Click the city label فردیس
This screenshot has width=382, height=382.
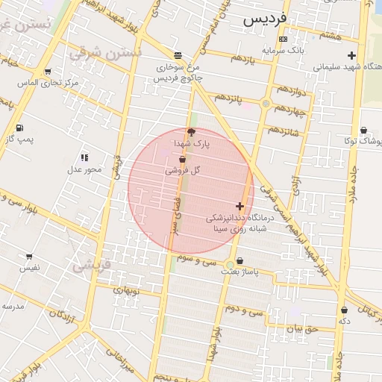tap(264, 19)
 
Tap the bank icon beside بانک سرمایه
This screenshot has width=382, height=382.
tap(282, 39)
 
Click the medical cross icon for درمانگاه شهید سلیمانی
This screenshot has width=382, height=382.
tap(352, 55)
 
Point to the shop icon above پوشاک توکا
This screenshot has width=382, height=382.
tap(364, 130)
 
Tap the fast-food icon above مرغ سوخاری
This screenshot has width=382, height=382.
tap(178, 55)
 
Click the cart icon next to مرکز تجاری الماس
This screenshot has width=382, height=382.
tap(48, 72)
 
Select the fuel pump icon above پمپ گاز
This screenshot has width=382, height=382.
tap(19, 128)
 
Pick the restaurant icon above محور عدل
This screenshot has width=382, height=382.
tap(84, 157)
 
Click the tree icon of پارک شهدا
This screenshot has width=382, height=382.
tap(192, 132)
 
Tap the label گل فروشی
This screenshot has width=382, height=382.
tap(183, 170)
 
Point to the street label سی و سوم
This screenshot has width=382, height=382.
tap(197, 260)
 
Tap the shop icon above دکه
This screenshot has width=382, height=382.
tap(344, 310)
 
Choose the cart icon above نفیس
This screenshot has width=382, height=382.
tap(29, 256)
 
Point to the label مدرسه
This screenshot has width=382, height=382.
tap(13, 306)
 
